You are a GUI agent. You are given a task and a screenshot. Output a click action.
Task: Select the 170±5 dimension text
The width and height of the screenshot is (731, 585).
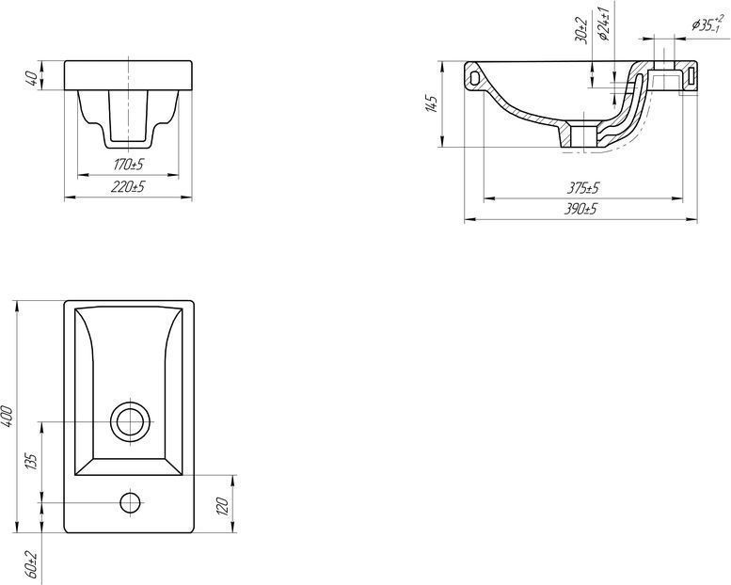[x=128, y=165]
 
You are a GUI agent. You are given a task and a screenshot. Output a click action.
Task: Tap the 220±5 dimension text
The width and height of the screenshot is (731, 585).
[x=128, y=187]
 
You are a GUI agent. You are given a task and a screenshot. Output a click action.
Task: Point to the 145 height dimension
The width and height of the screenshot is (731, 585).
[x=431, y=104]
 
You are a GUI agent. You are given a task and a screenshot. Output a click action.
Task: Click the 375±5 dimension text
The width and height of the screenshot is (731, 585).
[x=582, y=188]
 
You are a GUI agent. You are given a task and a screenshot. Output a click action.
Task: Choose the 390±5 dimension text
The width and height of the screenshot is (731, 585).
[x=580, y=210]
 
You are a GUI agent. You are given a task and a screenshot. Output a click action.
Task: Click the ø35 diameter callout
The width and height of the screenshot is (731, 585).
[x=707, y=24]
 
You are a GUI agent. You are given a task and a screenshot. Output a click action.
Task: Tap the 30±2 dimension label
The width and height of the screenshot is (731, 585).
[x=580, y=30]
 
